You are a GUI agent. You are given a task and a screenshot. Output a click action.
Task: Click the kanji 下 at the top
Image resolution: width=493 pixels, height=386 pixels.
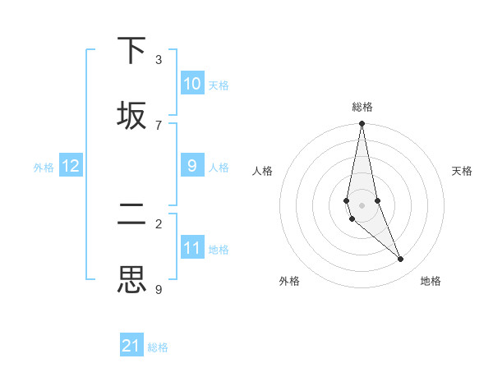coord(132,51)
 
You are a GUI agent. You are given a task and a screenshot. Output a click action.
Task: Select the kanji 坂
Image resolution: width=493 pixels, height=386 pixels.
coord(132,116)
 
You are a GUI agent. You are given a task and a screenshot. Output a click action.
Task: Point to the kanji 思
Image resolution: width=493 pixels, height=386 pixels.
coord(132,279)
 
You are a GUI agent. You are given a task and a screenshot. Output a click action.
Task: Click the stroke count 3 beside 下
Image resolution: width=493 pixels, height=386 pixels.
coord(159,60)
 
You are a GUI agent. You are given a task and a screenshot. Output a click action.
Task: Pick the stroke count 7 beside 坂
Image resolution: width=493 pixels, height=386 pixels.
coord(159,125)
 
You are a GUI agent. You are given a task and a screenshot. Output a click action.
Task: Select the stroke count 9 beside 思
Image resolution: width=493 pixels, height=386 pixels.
coord(159,289)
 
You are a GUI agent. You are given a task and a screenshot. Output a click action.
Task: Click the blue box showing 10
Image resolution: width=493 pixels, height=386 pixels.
coord(192,84)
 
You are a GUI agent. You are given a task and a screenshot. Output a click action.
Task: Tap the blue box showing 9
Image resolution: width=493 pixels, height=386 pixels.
coord(192,166)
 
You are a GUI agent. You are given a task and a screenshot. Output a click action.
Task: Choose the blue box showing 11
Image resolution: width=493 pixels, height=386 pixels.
coord(192,248)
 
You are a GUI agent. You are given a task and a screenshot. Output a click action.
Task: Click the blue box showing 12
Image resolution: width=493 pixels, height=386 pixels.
coord(71,166)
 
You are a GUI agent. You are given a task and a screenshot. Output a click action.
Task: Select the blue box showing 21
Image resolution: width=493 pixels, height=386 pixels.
coord(131,346)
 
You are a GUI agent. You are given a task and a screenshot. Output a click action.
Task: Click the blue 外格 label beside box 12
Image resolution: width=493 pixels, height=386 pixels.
coord(44,168)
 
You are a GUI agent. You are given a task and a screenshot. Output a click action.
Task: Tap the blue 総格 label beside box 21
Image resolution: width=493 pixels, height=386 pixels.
coord(158,347)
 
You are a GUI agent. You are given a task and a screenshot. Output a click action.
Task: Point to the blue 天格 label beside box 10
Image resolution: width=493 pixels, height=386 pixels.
coord(219,85)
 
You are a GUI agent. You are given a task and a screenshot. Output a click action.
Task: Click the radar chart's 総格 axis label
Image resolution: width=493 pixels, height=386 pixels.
coord(362,107)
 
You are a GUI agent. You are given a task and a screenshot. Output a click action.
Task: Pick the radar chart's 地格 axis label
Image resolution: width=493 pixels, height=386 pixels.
coord(431,281)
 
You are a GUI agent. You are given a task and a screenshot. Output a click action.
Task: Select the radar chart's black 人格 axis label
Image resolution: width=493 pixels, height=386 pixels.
coord(263,171)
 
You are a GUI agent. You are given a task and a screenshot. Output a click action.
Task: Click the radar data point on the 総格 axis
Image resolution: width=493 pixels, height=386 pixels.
coord(362,124)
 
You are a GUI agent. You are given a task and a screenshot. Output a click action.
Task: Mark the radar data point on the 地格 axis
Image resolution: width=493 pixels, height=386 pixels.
coord(401,260)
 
